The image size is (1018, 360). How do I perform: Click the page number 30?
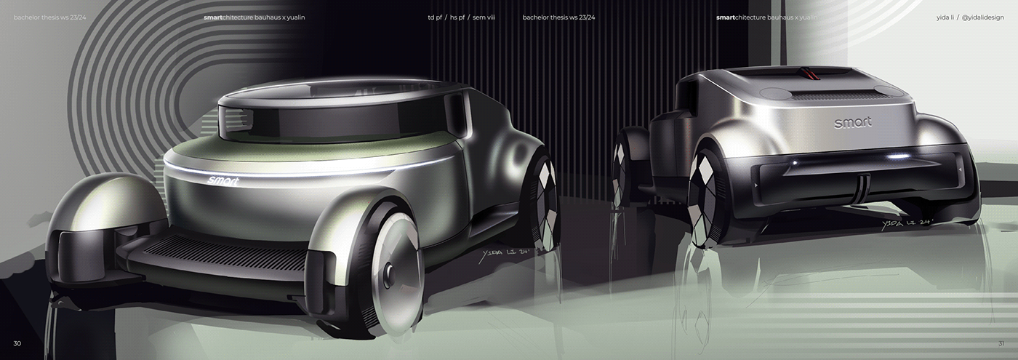pos(17,343)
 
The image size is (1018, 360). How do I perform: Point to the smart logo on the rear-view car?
pos(852,123)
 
